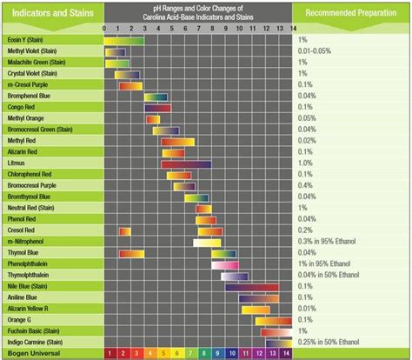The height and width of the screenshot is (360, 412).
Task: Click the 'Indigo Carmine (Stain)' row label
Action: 40,342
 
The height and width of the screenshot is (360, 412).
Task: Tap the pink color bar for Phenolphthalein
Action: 223,263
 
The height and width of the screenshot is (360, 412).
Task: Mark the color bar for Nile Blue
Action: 249,286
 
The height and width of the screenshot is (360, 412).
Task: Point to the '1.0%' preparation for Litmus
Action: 305,163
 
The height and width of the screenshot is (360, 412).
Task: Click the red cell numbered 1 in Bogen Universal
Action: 110,353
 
